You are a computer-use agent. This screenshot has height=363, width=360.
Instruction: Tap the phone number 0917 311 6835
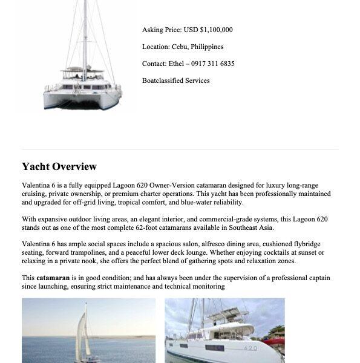point(214,64)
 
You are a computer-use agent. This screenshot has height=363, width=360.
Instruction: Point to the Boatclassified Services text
point(176,80)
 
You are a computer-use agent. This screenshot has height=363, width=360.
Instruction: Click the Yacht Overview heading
point(59,167)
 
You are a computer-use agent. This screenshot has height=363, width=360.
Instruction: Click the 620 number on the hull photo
point(250,347)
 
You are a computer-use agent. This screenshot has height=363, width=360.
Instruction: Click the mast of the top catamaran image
point(85,36)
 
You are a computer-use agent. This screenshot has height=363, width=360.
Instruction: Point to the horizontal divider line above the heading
point(180,149)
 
